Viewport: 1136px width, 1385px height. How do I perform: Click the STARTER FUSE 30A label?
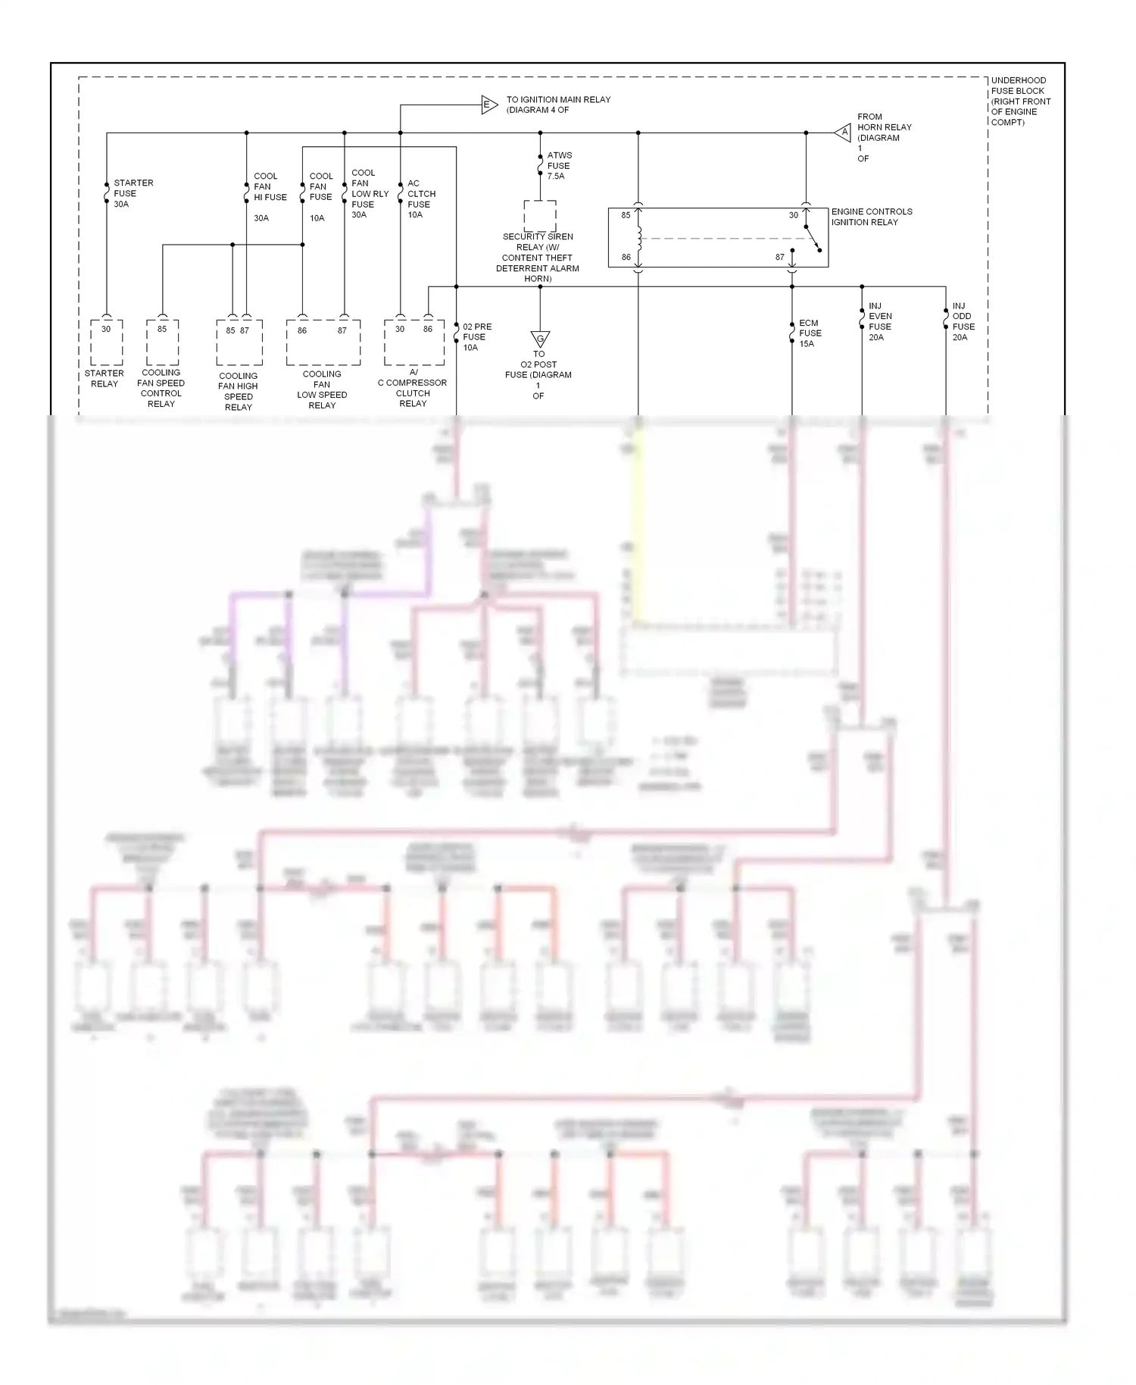pyautogui.click(x=133, y=193)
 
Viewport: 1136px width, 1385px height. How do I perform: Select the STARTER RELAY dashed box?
pyautogui.click(x=106, y=342)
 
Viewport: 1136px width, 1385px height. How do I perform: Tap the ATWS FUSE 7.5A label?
pyautogui.click(x=559, y=165)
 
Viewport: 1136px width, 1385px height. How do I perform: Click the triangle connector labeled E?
pyautogui.click(x=488, y=105)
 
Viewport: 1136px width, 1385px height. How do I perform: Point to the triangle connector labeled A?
pyautogui.click(x=844, y=133)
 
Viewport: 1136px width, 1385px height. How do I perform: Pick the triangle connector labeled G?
pyautogui.click(x=540, y=338)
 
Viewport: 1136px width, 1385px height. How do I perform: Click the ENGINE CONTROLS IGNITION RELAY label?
pyautogui.click(x=871, y=217)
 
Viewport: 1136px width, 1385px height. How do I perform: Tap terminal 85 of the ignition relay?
pyautogui.click(x=626, y=215)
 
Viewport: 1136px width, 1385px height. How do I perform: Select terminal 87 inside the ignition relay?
pyautogui.click(x=779, y=258)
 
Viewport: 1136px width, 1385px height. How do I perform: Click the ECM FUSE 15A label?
pyautogui.click(x=810, y=333)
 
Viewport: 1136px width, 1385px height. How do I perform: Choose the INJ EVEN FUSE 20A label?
pyautogui.click(x=879, y=322)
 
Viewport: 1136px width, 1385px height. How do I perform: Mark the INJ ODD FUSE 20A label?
pyautogui.click(x=963, y=322)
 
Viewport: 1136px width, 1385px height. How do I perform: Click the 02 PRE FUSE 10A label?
pyautogui.click(x=476, y=337)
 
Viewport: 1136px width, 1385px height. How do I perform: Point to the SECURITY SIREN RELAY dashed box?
pyautogui.click(x=539, y=216)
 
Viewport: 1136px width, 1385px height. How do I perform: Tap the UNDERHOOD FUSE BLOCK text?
pyautogui.click(x=1020, y=101)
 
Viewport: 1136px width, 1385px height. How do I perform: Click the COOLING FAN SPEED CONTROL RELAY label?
pyautogui.click(x=161, y=388)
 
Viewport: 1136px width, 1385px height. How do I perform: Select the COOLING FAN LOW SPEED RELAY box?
pyautogui.click(x=323, y=342)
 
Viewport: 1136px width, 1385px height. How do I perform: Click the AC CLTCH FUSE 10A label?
pyautogui.click(x=420, y=199)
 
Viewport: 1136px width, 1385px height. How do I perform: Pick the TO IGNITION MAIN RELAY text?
pyautogui.click(x=557, y=105)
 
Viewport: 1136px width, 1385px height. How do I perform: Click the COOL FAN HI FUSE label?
pyautogui.click(x=270, y=187)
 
